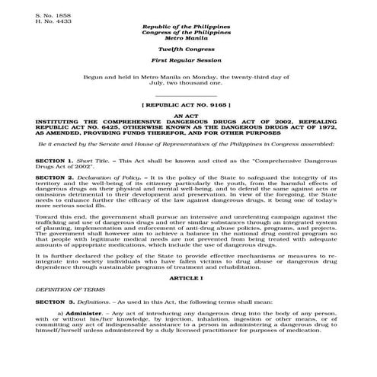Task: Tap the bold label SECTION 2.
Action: tap(53, 176)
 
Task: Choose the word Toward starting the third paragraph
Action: tap(46, 216)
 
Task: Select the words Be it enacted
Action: tap(61, 142)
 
